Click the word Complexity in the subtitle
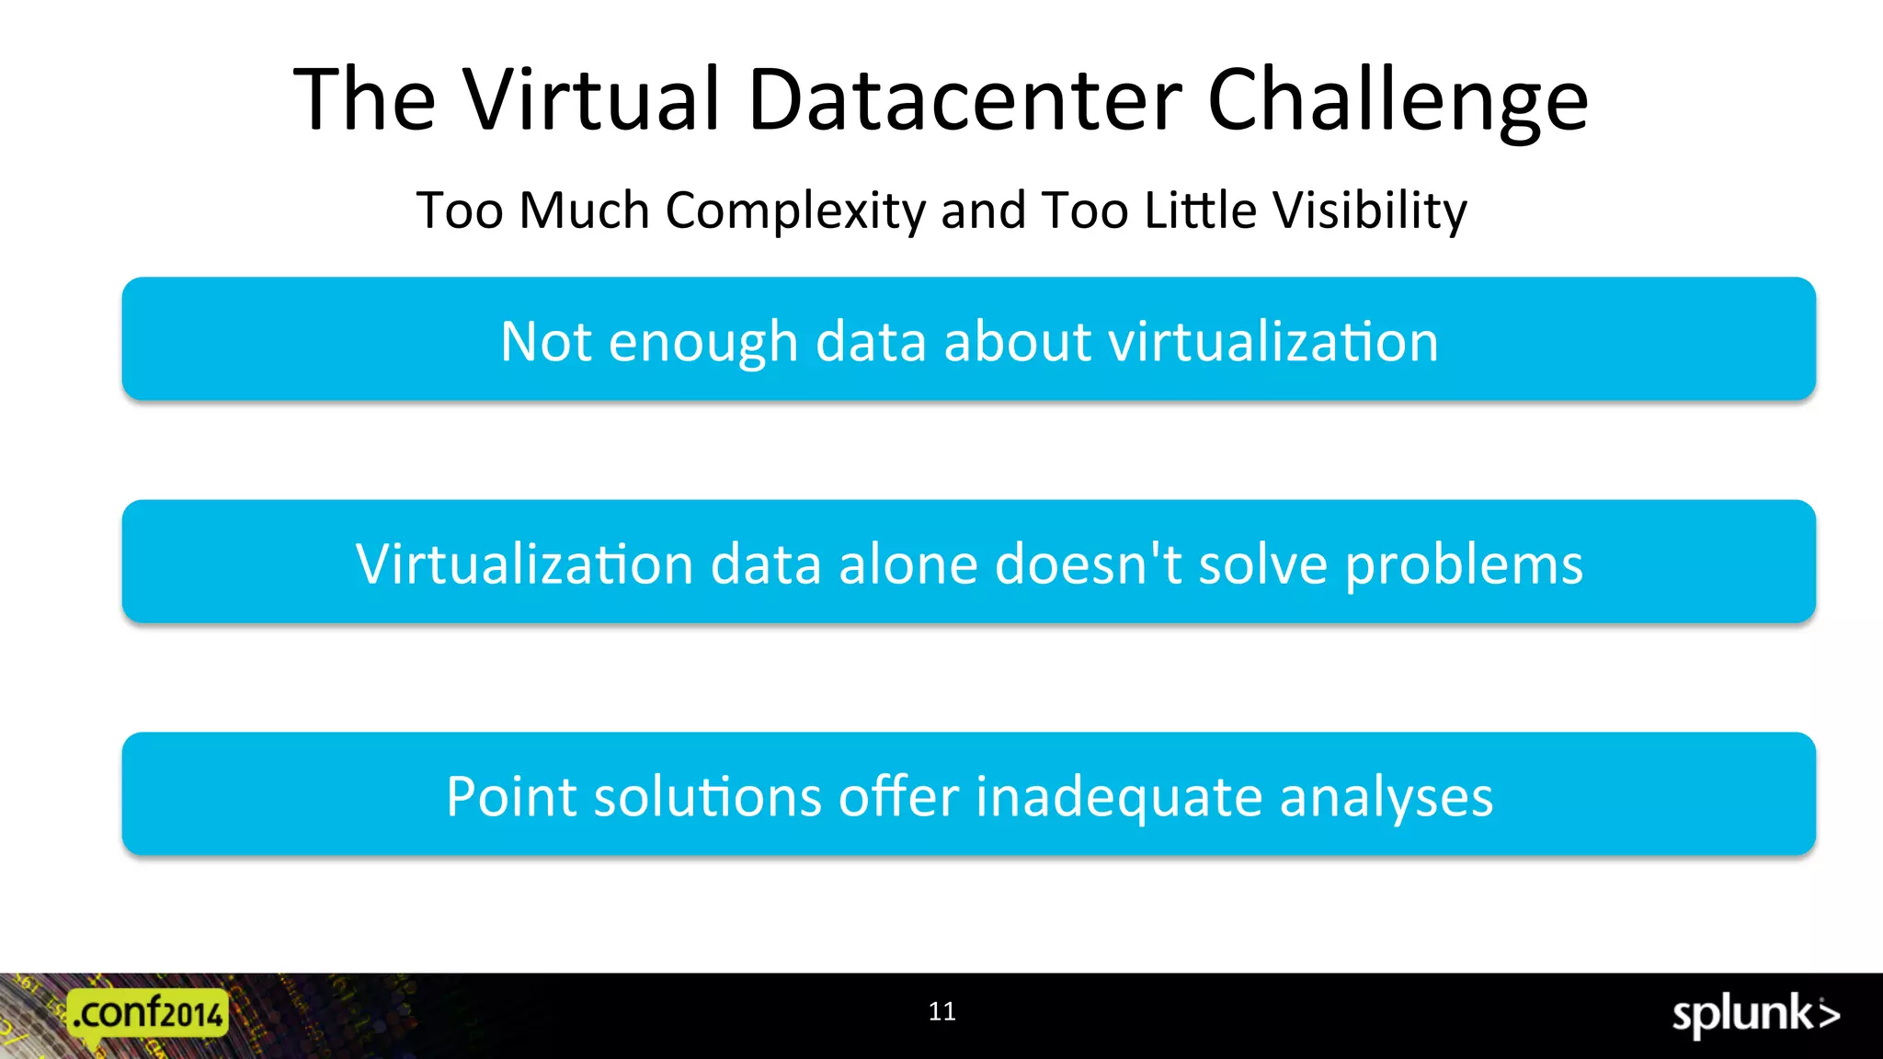[x=795, y=211]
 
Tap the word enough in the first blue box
[x=703, y=342]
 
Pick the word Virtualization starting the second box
[x=524, y=564]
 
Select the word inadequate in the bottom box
[x=1118, y=798]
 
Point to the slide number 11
[x=941, y=1011]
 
